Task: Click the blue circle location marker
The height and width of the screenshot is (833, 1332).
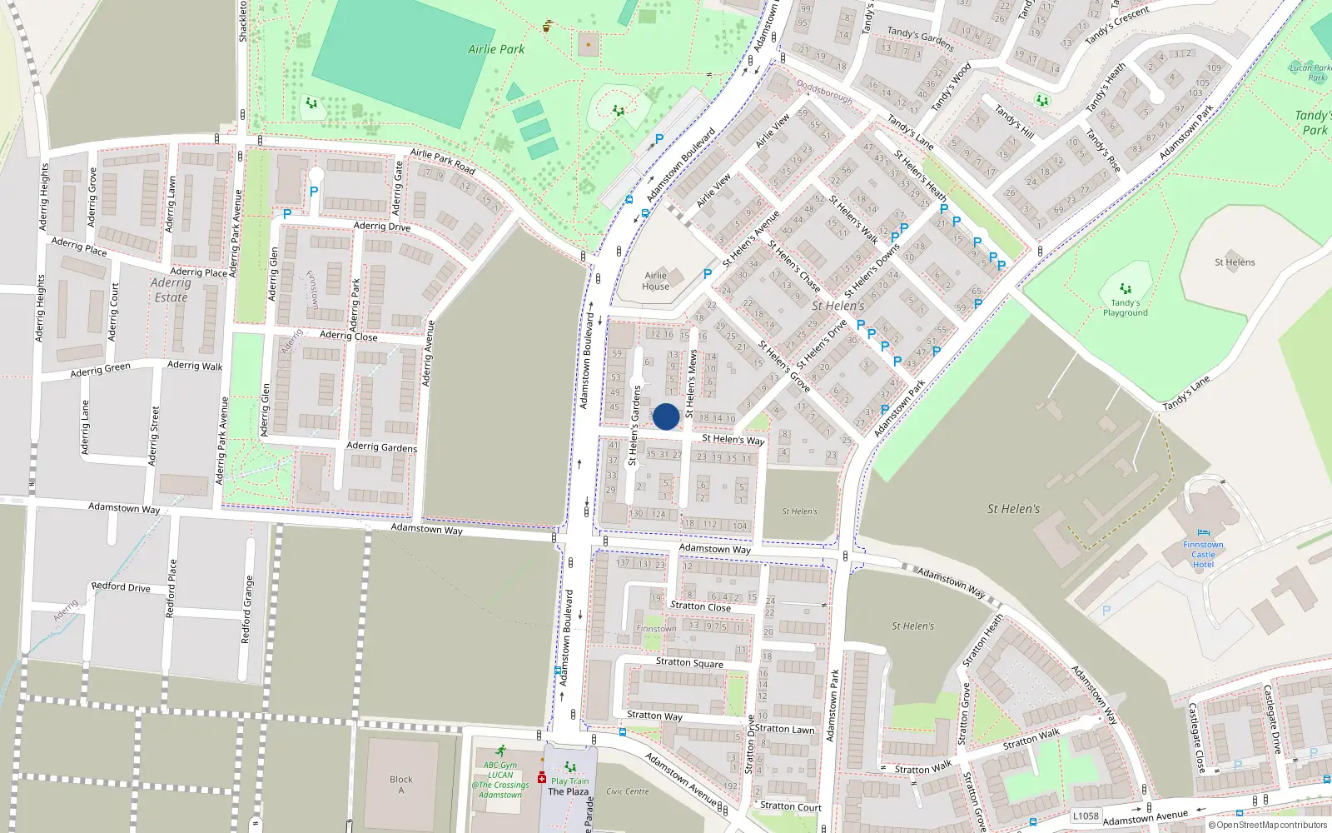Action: (x=666, y=416)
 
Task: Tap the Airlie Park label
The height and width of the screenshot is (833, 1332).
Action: (x=496, y=49)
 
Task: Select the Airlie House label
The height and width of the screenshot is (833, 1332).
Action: (x=655, y=281)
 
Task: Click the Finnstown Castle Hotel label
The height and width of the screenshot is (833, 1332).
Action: (x=1203, y=554)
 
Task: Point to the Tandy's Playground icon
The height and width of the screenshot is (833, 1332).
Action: (x=1126, y=290)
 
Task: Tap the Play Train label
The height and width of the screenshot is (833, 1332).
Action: (x=569, y=781)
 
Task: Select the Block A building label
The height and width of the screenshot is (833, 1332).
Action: (x=401, y=785)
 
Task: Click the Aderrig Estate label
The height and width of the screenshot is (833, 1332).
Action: (x=171, y=290)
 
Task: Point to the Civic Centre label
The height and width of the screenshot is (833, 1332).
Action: (x=628, y=791)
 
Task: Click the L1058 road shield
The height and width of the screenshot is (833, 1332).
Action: (x=1086, y=816)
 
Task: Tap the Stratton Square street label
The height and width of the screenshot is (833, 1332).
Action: (x=689, y=663)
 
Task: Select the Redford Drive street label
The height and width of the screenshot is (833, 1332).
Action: (x=121, y=587)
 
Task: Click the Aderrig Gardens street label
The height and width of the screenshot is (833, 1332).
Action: (x=381, y=446)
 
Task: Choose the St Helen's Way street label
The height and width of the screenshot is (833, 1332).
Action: (x=733, y=439)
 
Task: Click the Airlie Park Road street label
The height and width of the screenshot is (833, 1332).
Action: (x=442, y=160)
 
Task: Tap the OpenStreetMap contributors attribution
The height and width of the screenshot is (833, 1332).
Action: (x=1267, y=826)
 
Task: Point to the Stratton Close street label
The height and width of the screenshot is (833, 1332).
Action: (x=700, y=606)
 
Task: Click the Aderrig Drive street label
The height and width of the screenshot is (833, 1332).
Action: (x=381, y=226)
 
